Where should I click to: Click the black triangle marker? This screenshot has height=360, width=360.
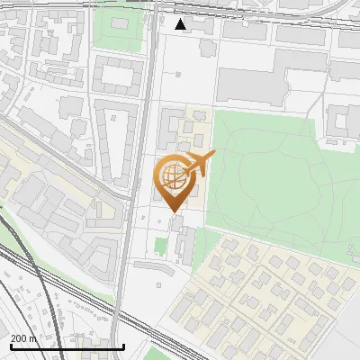[x=181, y=23]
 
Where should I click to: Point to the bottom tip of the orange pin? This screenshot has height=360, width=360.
[x=174, y=211]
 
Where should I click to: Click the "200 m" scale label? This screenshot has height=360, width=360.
[x=23, y=338]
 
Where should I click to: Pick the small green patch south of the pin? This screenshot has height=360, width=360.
[x=161, y=246]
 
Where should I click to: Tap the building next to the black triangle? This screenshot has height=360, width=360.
[x=200, y=25]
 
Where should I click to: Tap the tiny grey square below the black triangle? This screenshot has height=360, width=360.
[x=181, y=42]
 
